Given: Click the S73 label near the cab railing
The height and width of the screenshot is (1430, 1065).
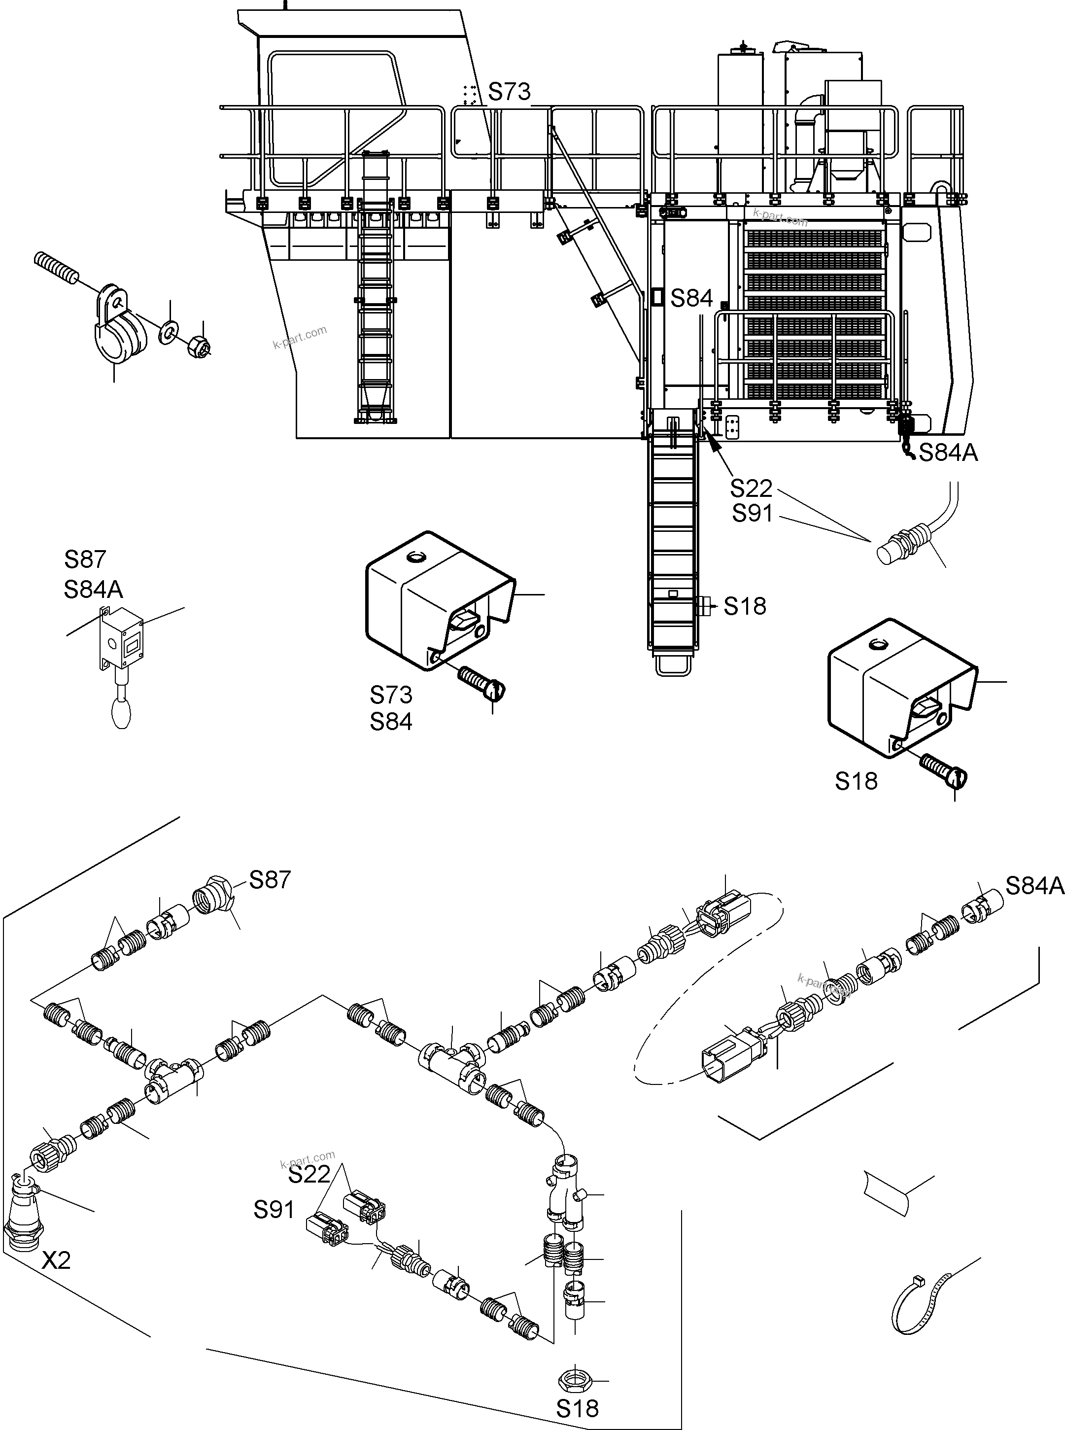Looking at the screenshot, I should coord(509,92).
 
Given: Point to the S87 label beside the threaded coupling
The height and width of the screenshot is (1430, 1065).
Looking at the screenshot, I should coord(270,879).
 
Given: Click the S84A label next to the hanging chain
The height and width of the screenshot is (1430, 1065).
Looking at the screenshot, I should coord(948,453).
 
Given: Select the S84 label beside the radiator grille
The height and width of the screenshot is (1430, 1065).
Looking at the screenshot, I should coord(691,299).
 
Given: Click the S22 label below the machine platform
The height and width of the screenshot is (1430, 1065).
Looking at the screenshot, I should coord(751,488).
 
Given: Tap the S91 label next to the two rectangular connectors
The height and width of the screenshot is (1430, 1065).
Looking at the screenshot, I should coord(274,1210).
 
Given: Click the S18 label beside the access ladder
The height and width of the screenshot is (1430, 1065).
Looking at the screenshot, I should coord(745,606).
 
